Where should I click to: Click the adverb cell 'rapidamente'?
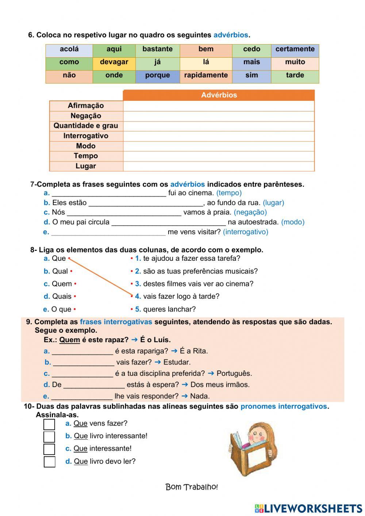click(x=206, y=75)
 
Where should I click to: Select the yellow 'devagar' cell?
click(x=114, y=62)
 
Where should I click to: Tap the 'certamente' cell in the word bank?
click(x=295, y=49)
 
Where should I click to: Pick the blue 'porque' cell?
click(x=157, y=75)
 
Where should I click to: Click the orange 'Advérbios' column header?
click(x=219, y=95)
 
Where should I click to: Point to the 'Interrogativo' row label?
click(x=86, y=136)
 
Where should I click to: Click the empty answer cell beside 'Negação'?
click(x=219, y=116)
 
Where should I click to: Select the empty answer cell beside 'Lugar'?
click(x=219, y=166)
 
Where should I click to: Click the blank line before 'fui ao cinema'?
click(x=109, y=194)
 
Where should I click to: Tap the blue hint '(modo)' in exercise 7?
click(x=293, y=222)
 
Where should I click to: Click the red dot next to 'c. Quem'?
click(x=75, y=284)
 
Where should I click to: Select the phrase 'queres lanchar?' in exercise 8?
click(x=169, y=309)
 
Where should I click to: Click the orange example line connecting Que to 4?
click(x=100, y=277)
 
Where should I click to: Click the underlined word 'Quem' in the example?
click(x=70, y=340)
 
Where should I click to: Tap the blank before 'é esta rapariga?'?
click(x=82, y=352)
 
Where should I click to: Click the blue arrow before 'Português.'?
click(x=211, y=374)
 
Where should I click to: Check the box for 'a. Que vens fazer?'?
click(x=49, y=424)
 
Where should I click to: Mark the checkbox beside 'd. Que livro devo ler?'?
click(x=49, y=462)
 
